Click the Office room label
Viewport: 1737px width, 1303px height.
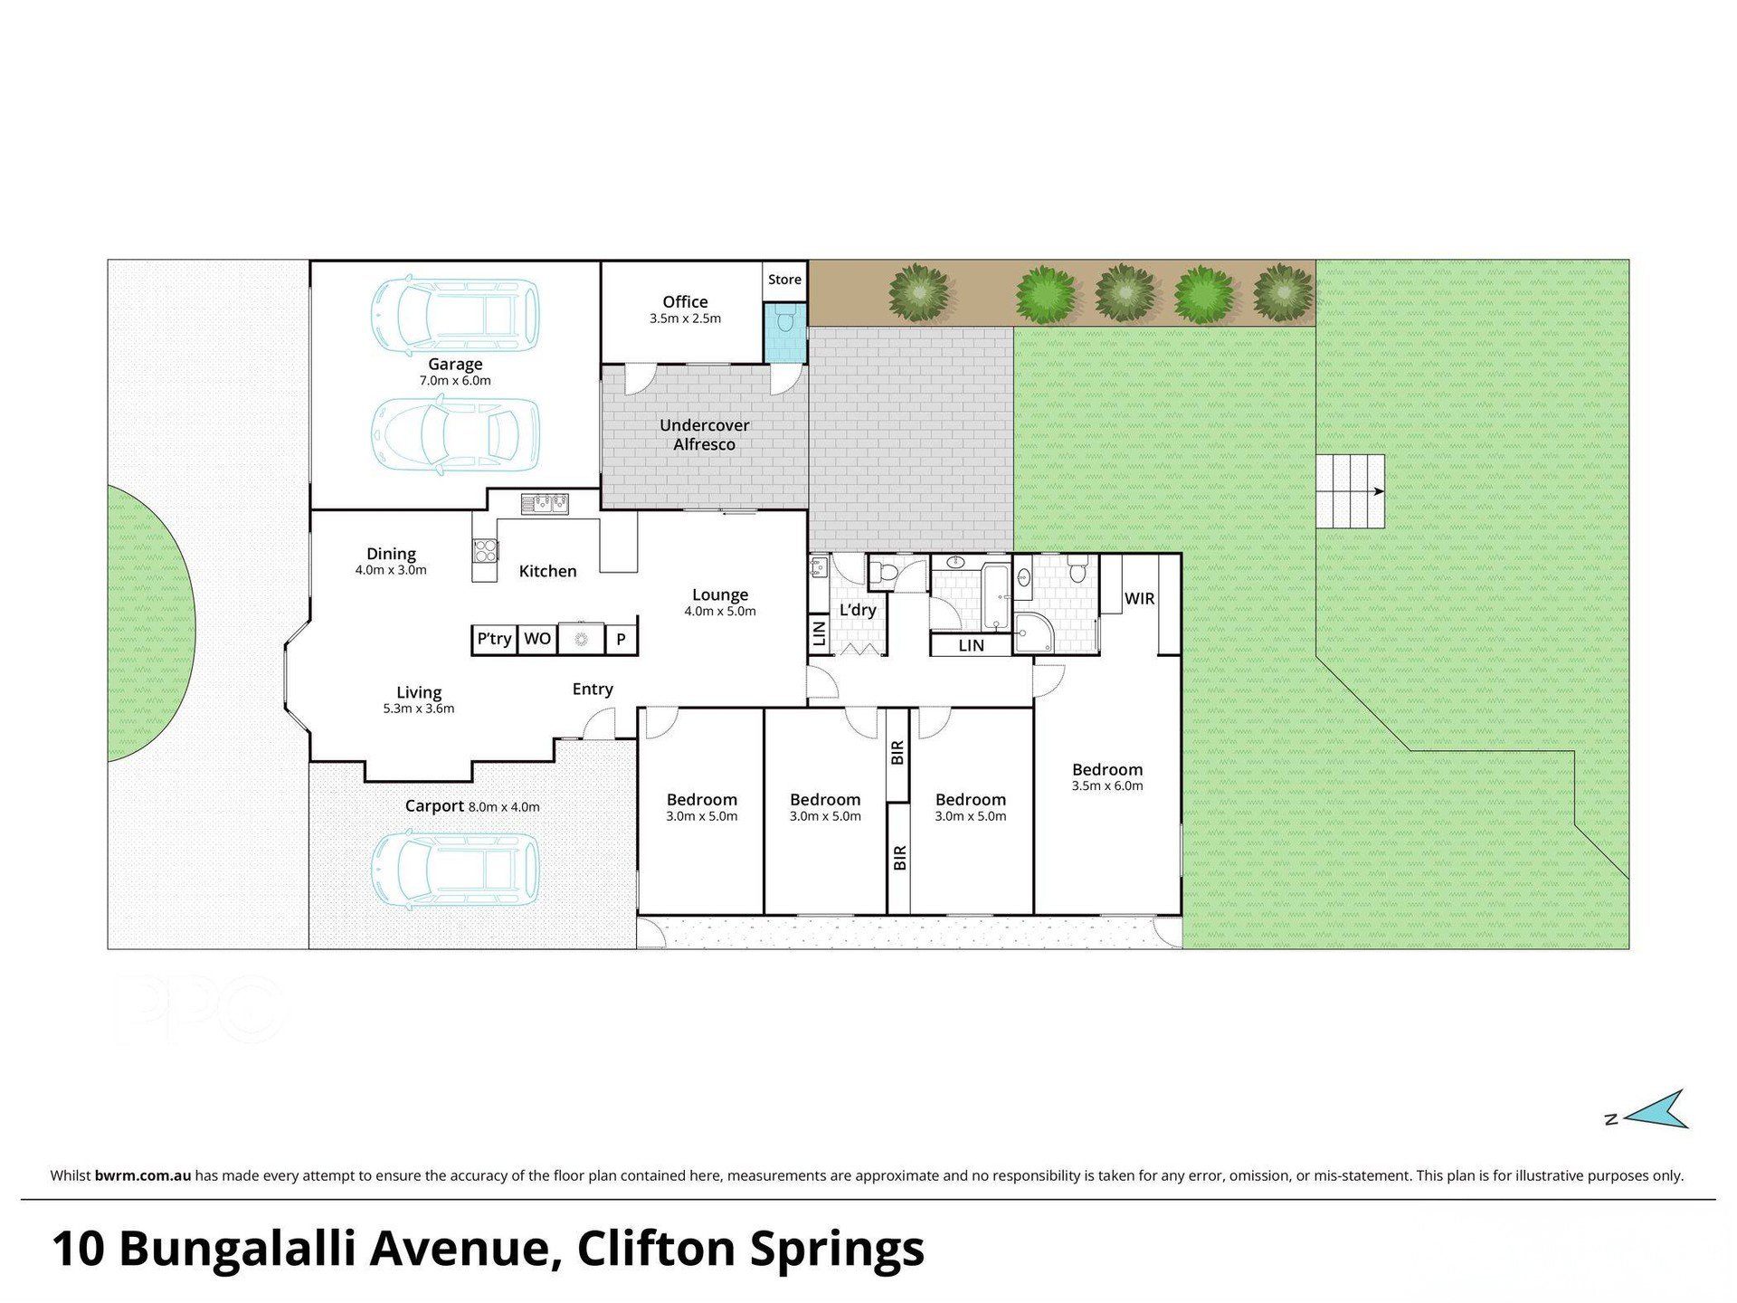[x=685, y=302]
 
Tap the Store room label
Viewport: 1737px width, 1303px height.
[x=784, y=280]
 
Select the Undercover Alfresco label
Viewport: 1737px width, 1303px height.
[x=704, y=434]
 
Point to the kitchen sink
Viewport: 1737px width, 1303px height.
[x=544, y=502]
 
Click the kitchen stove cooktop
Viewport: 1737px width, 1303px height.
[x=485, y=550]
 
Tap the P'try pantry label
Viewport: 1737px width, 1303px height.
[x=494, y=639]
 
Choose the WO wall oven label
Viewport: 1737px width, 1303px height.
[x=537, y=639]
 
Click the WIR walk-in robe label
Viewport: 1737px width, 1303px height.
[x=1139, y=598]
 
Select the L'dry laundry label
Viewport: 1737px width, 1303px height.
[x=858, y=610]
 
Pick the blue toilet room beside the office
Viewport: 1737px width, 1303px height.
[x=784, y=332]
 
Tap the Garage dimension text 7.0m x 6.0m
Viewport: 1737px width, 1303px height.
[x=455, y=381]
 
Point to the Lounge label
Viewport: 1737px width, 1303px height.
[x=720, y=594]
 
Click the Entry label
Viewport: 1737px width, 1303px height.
[x=593, y=690]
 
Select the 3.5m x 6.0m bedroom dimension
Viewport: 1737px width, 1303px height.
[x=1107, y=786]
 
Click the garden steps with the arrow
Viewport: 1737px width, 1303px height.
[x=1350, y=491]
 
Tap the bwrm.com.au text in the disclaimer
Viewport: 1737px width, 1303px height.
[x=142, y=1176]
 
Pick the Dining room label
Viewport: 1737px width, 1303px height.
[x=391, y=554]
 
